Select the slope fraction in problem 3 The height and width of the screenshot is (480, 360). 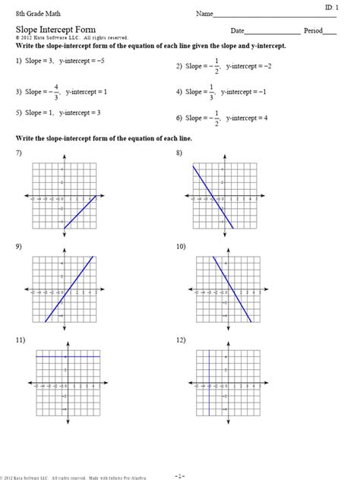click(x=55, y=92)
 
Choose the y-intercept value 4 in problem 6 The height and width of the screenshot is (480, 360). click(x=266, y=118)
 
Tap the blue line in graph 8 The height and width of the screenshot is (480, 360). click(x=214, y=197)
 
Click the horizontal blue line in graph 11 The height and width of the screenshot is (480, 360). click(x=68, y=356)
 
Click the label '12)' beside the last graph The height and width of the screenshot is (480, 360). click(x=180, y=340)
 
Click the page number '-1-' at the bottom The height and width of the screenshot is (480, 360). click(x=179, y=475)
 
